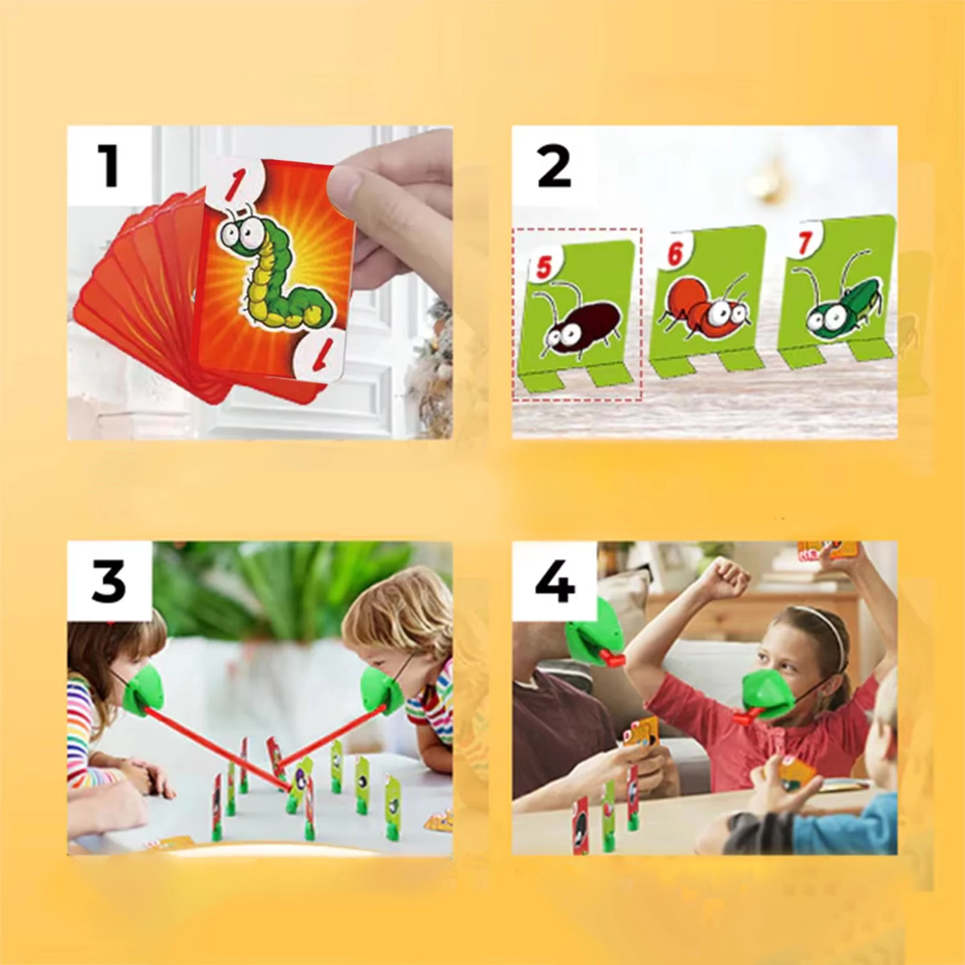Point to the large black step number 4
554,582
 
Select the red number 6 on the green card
675,255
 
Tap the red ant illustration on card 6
704,312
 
